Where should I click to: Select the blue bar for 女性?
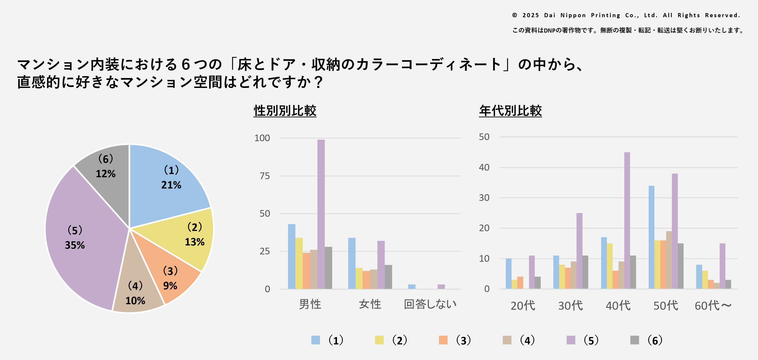(352, 263)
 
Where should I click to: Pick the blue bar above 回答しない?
(412, 287)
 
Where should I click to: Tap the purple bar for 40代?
(627, 220)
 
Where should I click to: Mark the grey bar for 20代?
(537, 283)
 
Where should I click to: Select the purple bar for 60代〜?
(722, 266)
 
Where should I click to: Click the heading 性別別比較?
(285, 111)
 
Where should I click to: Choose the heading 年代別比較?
(510, 111)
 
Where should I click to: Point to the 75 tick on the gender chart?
(265, 176)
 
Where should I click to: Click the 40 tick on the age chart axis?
(484, 167)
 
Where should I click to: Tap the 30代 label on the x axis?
(570, 306)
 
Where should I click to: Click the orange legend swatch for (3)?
(443, 340)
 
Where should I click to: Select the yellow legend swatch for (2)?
(379, 340)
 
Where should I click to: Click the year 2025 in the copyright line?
(531, 15)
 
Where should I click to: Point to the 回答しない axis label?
(430, 304)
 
